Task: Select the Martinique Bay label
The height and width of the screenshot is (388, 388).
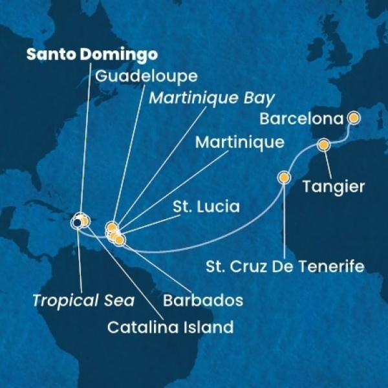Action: click(x=211, y=99)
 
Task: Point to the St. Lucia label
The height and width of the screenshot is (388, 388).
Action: click(x=206, y=208)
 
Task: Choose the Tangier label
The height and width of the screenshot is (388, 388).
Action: click(x=334, y=187)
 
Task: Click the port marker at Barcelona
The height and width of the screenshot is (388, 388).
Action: click(x=354, y=118)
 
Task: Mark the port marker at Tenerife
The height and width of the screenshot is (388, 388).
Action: click(x=283, y=177)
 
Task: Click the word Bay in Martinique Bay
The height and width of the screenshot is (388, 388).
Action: click(x=259, y=99)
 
